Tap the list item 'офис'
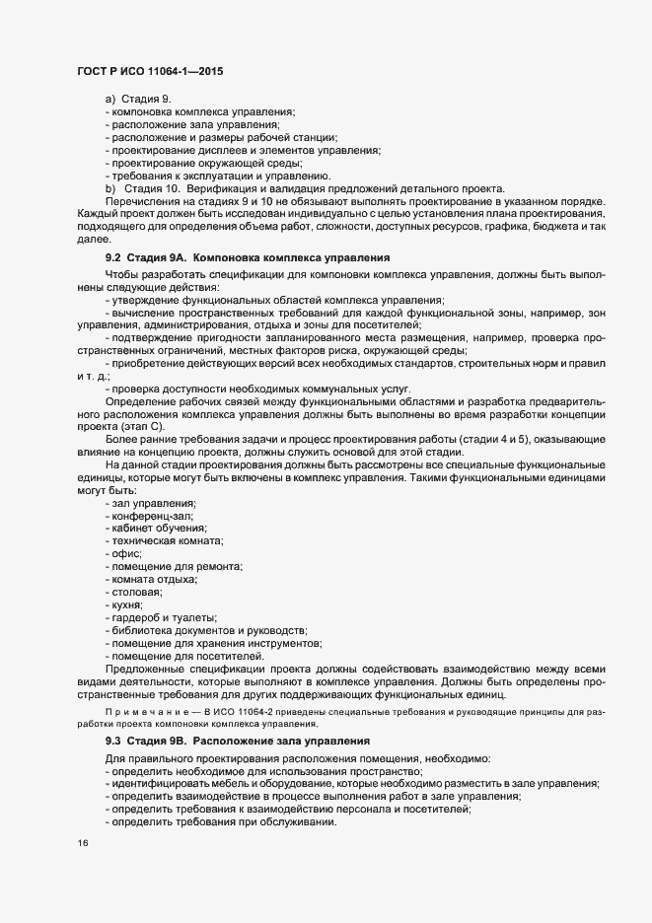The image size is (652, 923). coord(128,554)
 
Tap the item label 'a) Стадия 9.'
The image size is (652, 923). coord(138,100)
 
